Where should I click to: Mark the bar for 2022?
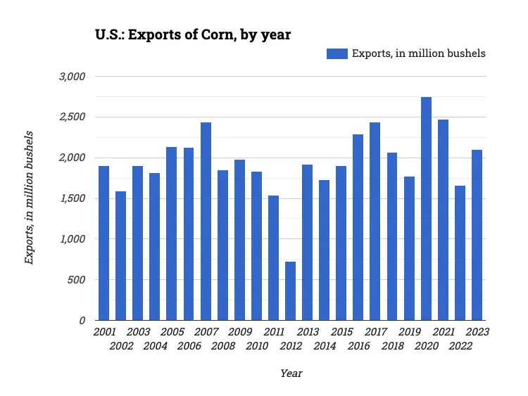point(460,253)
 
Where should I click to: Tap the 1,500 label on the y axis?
point(72,198)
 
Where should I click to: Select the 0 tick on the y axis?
point(82,321)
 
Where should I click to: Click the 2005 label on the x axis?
point(172,332)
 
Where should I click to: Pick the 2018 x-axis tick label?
point(393,346)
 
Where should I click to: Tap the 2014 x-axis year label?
point(325,346)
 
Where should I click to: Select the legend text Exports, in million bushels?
point(418,53)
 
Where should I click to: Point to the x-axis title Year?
point(291,373)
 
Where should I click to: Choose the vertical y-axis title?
point(29,197)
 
